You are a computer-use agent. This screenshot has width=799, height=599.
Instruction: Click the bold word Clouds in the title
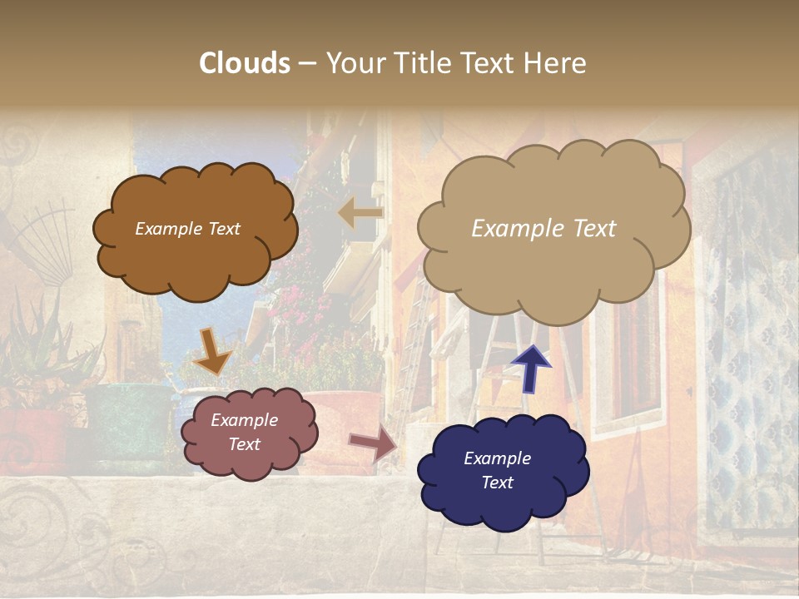pyautogui.click(x=245, y=63)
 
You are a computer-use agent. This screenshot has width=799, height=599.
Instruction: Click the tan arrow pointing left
pyautogui.click(x=360, y=214)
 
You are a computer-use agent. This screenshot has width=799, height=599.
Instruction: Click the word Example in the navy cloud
pyautogui.click(x=497, y=458)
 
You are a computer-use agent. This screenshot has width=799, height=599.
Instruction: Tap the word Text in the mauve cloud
pyautogui.click(x=245, y=444)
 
